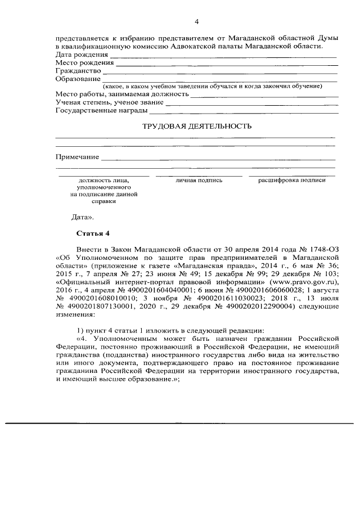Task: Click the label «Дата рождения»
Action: pos(82,55)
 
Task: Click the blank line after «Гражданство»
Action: pos(219,73)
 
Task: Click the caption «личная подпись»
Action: pos(199,181)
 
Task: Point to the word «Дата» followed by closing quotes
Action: pos(83,216)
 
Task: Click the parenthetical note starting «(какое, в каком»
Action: pos(212,86)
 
